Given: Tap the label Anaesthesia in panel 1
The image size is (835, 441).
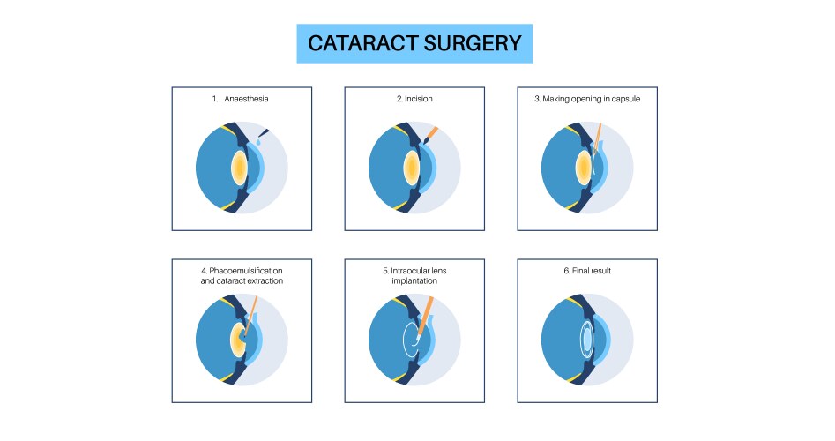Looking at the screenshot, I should pyautogui.click(x=247, y=99).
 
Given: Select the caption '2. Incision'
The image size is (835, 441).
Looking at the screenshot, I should pyautogui.click(x=414, y=99).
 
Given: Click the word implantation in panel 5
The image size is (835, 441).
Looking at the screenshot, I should pyautogui.click(x=414, y=281).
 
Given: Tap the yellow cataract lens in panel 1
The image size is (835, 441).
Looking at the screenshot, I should pyautogui.click(x=239, y=167).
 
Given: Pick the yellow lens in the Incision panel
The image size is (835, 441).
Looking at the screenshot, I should pyautogui.click(x=412, y=167).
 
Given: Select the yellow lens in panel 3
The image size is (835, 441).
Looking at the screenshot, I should pyautogui.click(x=583, y=167).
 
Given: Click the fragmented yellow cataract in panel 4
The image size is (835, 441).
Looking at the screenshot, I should pyautogui.click(x=239, y=339).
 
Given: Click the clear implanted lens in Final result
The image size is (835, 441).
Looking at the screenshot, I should pyautogui.click(x=585, y=339).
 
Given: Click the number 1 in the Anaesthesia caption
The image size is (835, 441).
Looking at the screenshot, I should pyautogui.click(x=214, y=99).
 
